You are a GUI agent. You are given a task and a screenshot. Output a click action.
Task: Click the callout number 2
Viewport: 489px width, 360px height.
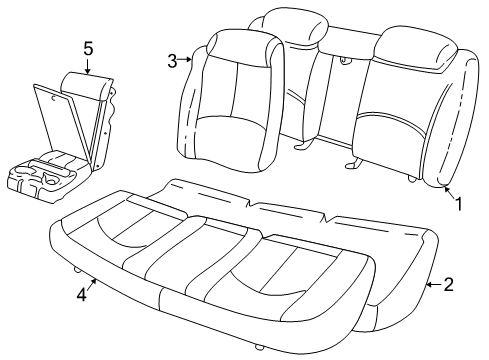449,285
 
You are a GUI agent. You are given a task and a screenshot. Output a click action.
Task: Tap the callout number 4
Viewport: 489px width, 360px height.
83,296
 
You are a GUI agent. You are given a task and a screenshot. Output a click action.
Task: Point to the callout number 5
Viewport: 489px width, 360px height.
88,47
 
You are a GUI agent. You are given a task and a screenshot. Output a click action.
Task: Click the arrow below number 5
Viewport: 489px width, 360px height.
88,68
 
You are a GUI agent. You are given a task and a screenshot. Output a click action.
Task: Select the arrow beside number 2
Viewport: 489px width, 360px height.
432,285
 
